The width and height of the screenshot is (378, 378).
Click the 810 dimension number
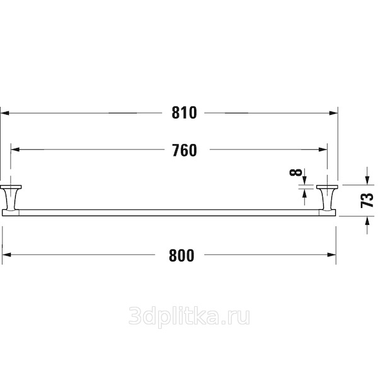tap(185, 113)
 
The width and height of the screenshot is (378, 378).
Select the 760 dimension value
tap(185, 150)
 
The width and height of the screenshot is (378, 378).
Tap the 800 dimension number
tap(181, 255)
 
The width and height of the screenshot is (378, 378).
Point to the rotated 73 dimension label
tap(367, 200)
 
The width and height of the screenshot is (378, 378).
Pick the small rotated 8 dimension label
tap(296, 172)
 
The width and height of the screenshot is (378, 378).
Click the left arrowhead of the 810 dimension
tap(5, 113)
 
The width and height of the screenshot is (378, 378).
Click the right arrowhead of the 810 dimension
tap(334, 113)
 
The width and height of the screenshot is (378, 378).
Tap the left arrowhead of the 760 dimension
tap(15, 149)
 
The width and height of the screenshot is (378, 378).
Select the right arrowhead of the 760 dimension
tap(323, 149)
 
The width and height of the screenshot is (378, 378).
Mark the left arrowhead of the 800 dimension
tap(6, 255)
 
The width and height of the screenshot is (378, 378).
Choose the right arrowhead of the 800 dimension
tap(332, 255)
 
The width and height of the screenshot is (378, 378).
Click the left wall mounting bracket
tap(11, 198)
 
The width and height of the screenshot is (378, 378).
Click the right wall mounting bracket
tap(327, 198)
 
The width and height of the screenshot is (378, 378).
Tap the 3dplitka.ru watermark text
tap(189, 316)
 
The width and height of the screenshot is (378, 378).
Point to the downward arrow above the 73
tap(367, 176)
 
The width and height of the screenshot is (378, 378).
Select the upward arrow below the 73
tap(367, 225)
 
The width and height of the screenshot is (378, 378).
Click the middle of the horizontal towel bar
tap(169, 213)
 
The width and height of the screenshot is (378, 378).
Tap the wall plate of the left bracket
tap(11, 187)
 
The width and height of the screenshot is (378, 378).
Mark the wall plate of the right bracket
tap(327, 187)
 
